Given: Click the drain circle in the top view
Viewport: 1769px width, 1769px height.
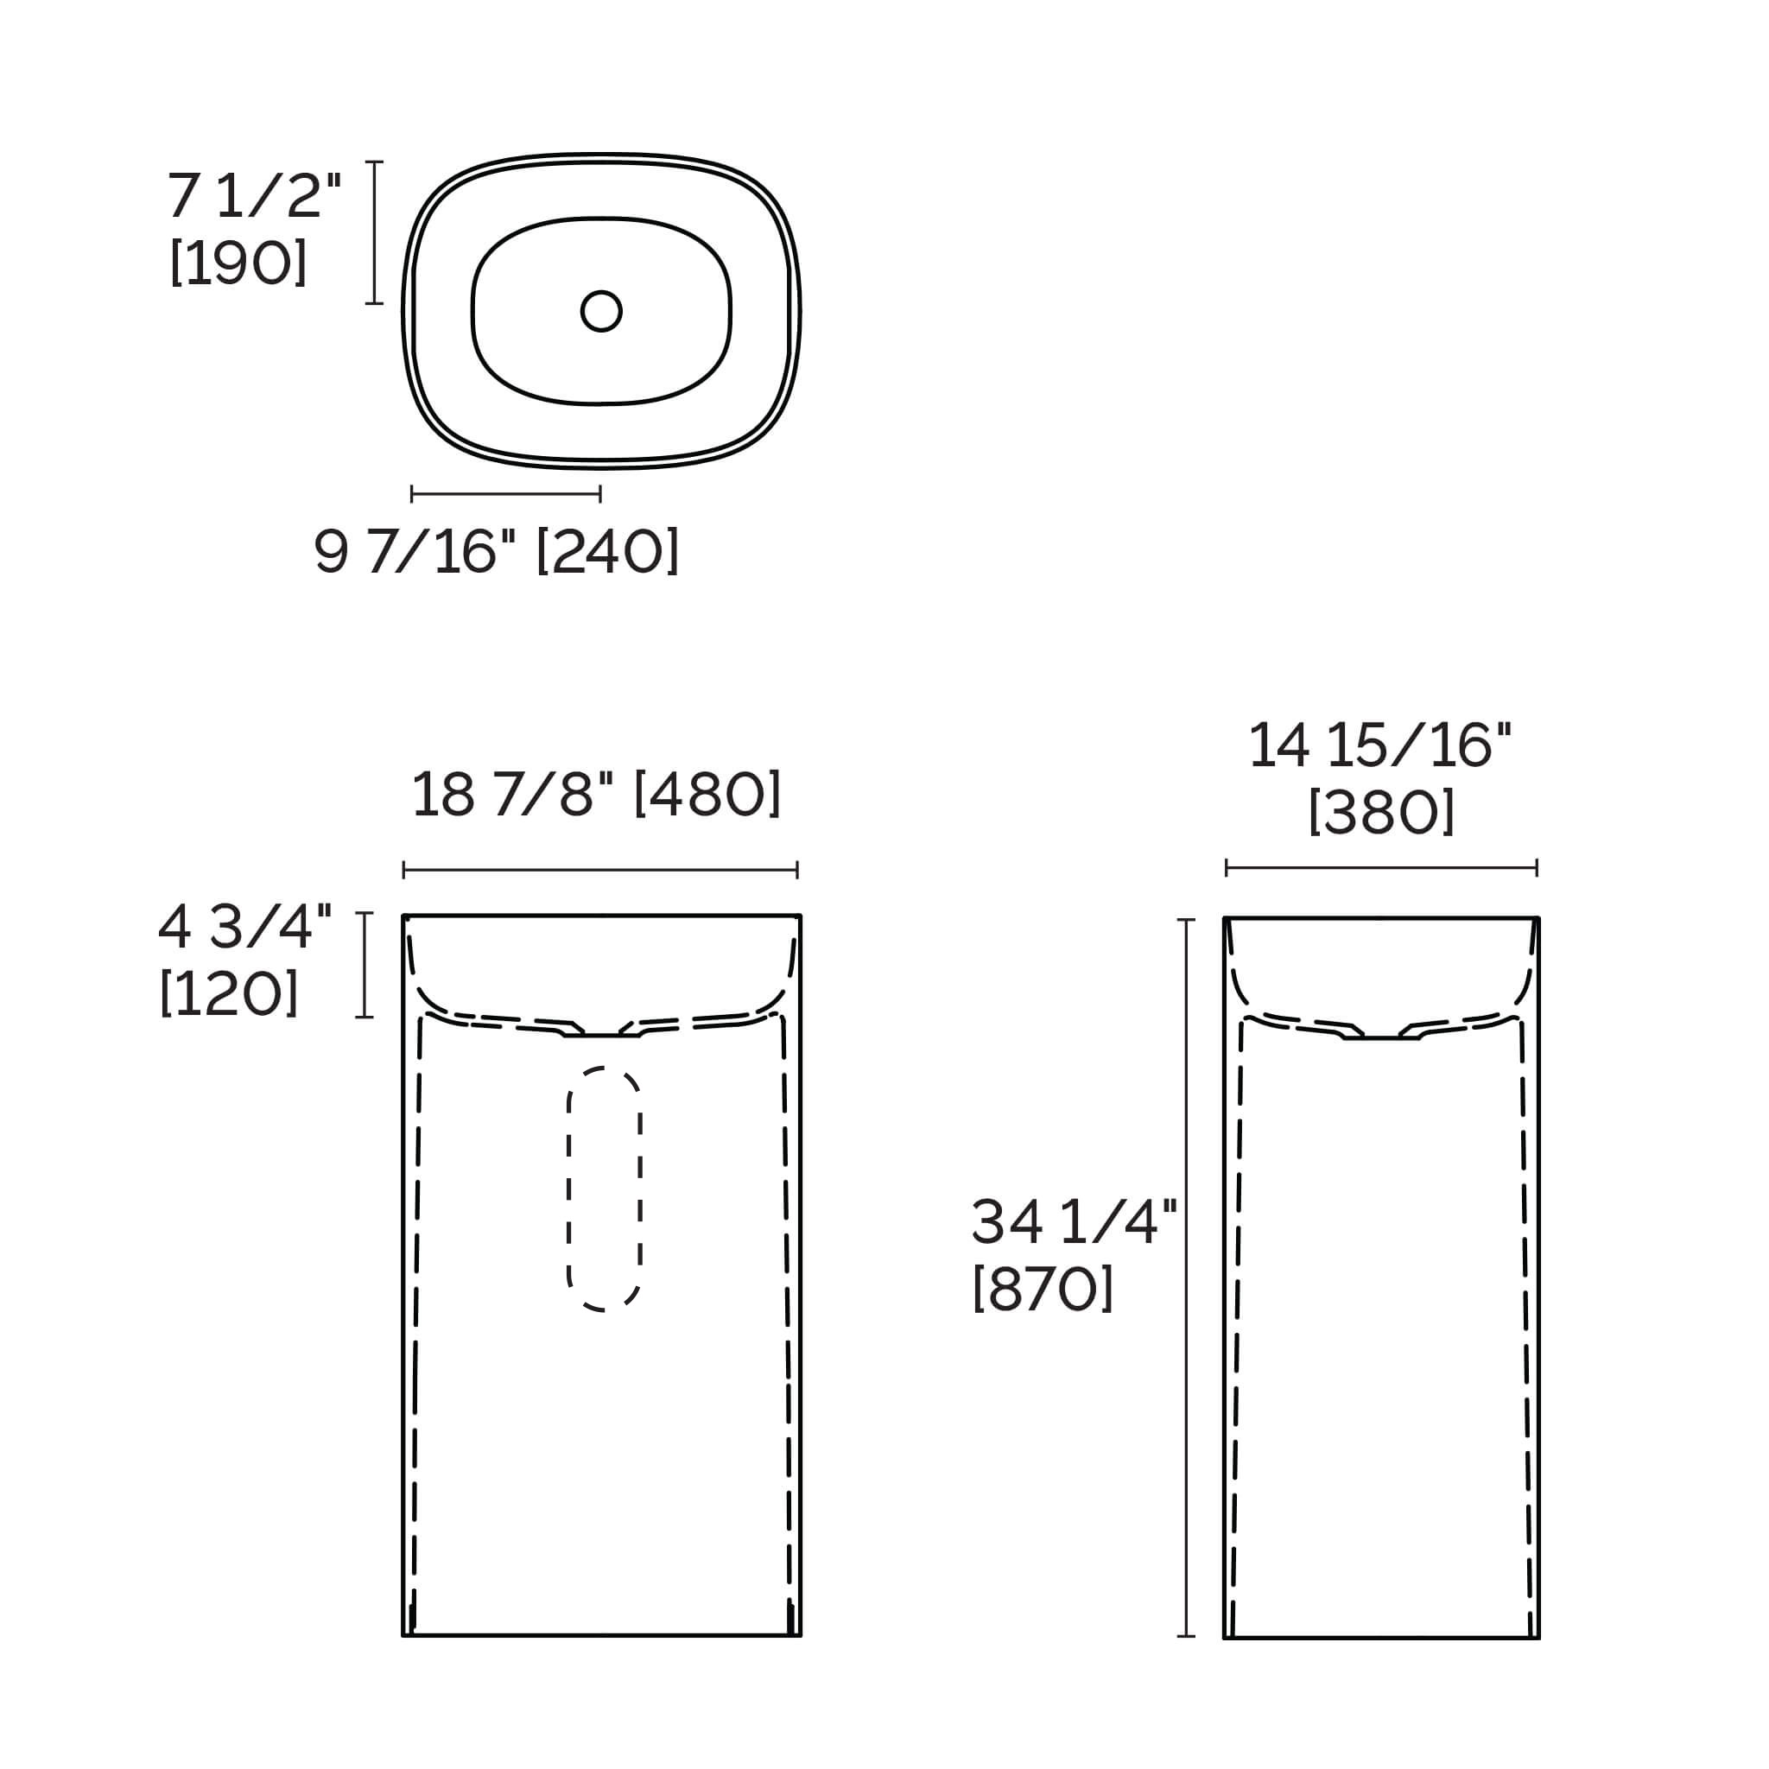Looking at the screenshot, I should (600, 311).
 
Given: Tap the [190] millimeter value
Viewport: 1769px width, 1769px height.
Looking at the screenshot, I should (238, 263).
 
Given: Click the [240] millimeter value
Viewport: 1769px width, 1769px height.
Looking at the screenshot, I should (607, 551).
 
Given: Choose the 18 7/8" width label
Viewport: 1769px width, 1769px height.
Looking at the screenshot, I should (512, 793).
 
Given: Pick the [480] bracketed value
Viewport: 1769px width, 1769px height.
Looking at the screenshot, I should (707, 793).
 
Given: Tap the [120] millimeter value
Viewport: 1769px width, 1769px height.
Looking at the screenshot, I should (229, 993).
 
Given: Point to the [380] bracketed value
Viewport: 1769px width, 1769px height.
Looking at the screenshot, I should (1381, 812).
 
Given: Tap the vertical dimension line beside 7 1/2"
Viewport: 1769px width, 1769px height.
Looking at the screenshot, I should (373, 231).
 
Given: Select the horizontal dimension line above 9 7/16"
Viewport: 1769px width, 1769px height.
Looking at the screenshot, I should (505, 494).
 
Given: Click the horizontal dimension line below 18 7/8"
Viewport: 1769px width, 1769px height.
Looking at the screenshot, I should (599, 870).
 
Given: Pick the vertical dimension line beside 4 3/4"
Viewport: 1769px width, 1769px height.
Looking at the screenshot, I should (365, 964).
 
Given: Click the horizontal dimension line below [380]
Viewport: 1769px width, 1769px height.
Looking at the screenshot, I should (1381, 867).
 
